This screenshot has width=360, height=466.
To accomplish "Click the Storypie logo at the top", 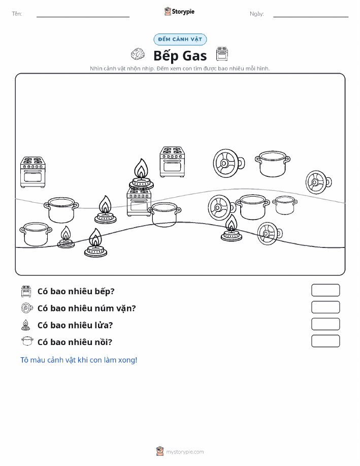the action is pyautogui.click(x=179, y=12).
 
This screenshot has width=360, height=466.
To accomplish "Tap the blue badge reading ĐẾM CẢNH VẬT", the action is pyautogui.click(x=180, y=39).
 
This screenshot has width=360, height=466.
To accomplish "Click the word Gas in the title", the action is pyautogui.click(x=194, y=55).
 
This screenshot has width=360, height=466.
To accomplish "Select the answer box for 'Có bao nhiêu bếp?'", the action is pyautogui.click(x=325, y=290).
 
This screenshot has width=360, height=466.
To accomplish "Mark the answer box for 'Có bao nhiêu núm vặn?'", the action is pyautogui.click(x=325, y=307).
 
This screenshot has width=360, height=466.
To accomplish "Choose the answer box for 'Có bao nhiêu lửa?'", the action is pyautogui.click(x=325, y=324).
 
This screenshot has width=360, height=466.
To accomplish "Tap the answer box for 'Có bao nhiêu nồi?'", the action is pyautogui.click(x=325, y=341).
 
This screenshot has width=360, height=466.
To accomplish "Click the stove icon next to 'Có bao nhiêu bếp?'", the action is pyautogui.click(x=26, y=291).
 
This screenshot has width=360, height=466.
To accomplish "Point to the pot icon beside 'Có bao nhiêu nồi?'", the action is pyautogui.click(x=27, y=341).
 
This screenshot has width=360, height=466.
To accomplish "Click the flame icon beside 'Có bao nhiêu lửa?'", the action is pyautogui.click(x=26, y=325).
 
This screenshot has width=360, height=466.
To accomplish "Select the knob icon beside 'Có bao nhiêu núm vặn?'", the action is pyautogui.click(x=27, y=308).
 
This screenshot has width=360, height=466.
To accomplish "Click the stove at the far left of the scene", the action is pyautogui.click(x=32, y=172).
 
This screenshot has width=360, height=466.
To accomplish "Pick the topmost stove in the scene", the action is pyautogui.click(x=172, y=162).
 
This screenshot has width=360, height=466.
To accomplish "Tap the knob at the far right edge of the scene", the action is pyautogui.click(x=318, y=182).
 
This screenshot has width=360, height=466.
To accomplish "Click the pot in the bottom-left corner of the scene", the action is pyautogui.click(x=36, y=234).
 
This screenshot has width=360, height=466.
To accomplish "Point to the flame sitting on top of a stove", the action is pyautogui.click(x=141, y=174).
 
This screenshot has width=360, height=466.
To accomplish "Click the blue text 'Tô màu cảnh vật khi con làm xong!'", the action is pyautogui.click(x=79, y=360).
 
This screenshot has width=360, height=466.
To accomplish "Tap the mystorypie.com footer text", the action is pyautogui.click(x=185, y=452).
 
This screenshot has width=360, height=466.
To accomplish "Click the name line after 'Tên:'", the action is pyautogui.click(x=83, y=17).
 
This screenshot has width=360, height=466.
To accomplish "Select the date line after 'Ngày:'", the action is pyautogui.click(x=311, y=17).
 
